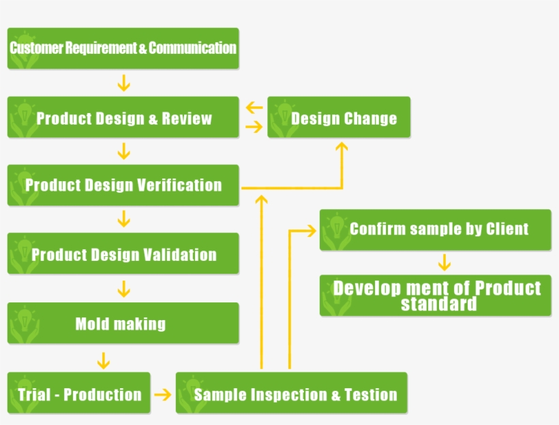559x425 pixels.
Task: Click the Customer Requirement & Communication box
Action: (123, 48)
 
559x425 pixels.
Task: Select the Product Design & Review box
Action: (123, 118)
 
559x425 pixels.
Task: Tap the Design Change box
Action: (339, 118)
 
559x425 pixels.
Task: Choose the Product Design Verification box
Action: (123, 185)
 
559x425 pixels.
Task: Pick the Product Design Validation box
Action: (123, 255)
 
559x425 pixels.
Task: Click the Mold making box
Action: (123, 323)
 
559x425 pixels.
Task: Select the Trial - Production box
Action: (79, 393)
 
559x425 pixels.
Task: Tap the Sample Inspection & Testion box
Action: (292, 393)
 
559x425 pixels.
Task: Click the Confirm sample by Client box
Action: (435, 230)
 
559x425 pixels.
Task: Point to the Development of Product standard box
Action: (435, 296)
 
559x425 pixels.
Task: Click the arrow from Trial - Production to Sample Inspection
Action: (163, 394)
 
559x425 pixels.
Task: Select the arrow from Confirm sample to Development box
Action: (444, 262)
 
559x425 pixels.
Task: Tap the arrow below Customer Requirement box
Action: (123, 83)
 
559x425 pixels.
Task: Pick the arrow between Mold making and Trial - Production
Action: (103, 360)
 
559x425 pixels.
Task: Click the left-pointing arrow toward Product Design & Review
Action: (254, 107)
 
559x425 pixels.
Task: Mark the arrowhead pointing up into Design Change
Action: (342, 146)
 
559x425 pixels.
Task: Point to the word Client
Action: (507, 229)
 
